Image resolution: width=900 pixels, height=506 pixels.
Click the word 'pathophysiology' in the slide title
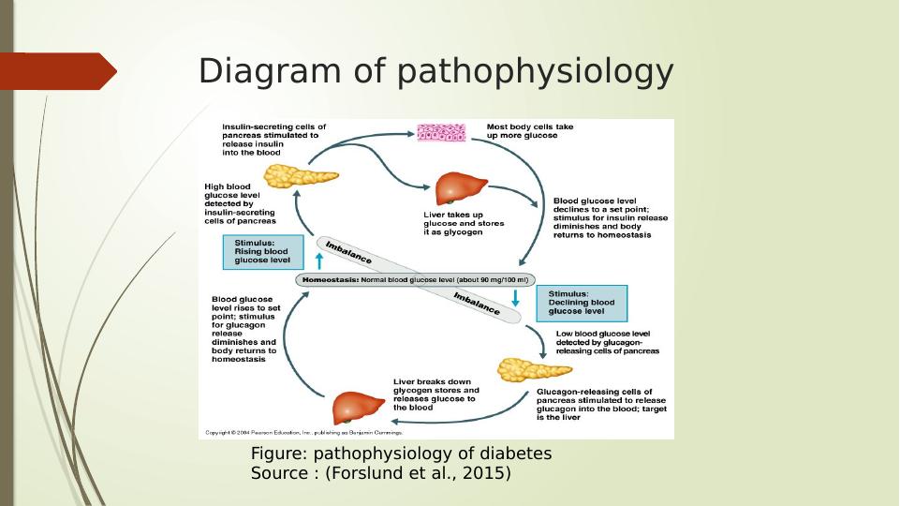pyautogui.click(x=536, y=72)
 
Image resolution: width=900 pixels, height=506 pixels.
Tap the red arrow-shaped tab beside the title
pyautogui.click(x=58, y=71)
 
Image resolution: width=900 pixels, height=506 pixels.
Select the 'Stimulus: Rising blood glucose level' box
pyautogui.click(x=263, y=251)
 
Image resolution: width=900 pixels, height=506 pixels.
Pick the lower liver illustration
pyautogui.click(x=359, y=408)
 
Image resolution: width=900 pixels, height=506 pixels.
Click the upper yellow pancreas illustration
pyautogui.click(x=301, y=176)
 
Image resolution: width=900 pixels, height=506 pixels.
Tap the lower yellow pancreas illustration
pyautogui.click(x=533, y=369)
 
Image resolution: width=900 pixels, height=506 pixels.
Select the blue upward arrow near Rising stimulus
pyautogui.click(x=318, y=260)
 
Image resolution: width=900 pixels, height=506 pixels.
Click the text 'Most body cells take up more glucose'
pyautogui.click(x=529, y=131)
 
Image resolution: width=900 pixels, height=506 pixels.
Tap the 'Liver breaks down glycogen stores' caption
pyautogui.click(x=435, y=394)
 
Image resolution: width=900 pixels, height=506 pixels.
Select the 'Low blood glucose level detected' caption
pyautogui.click(x=607, y=342)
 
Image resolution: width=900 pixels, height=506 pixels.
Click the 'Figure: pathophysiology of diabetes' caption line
pyautogui.click(x=401, y=454)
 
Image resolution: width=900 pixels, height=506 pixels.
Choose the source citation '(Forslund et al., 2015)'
pyautogui.click(x=418, y=474)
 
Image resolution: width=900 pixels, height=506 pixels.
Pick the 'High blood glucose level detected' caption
pyautogui.click(x=241, y=203)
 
